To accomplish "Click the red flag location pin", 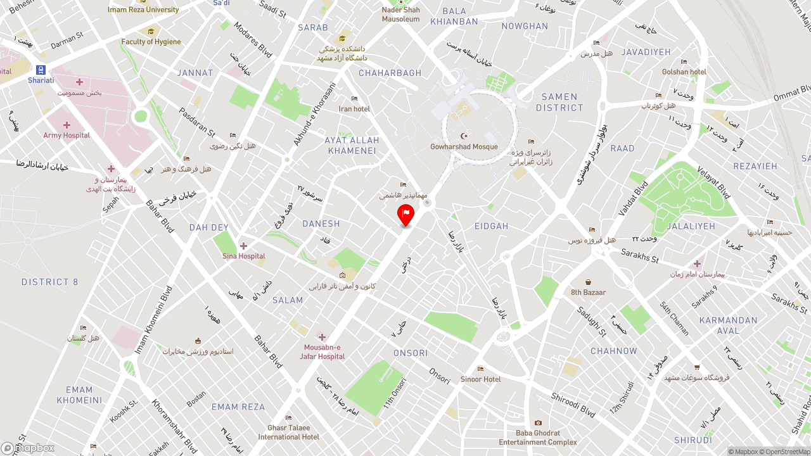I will [405, 215].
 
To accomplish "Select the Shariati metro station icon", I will [41, 70].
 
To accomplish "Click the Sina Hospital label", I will [244, 256].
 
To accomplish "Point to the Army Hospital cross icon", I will [67, 125].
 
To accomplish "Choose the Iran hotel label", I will [354, 109].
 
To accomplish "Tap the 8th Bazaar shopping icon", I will [589, 282].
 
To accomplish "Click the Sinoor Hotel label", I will [480, 379].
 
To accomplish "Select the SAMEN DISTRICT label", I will [559, 102].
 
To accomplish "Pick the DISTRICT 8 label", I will [50, 282].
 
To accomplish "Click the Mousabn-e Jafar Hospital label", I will [322, 351].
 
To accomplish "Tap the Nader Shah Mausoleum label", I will [400, 15].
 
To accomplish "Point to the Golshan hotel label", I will [684, 72].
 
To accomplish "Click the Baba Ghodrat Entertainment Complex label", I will [538, 438].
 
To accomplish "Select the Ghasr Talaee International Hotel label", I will [289, 433].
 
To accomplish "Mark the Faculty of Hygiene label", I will [151, 42].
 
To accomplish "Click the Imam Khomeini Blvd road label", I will [153, 319].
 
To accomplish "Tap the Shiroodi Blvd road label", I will [573, 405].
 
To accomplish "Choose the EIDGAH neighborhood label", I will [492, 226].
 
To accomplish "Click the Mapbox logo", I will [28, 448].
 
